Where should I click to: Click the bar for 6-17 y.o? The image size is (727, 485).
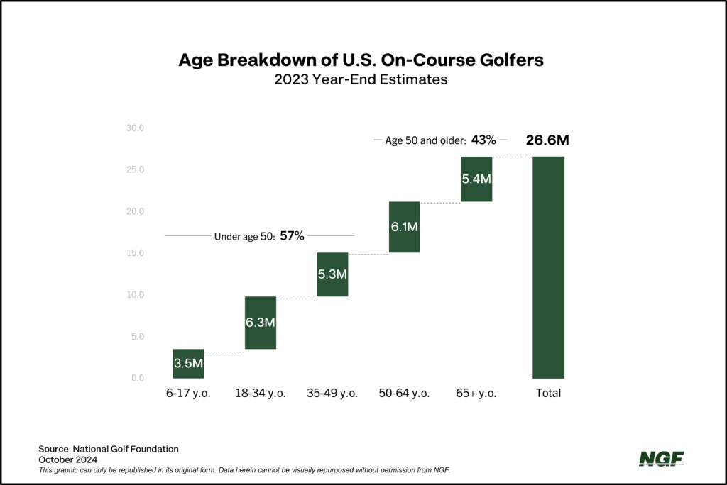point(189,364)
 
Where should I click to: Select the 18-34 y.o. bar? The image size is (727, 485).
point(261,323)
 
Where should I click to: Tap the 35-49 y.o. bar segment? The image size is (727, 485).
point(332,274)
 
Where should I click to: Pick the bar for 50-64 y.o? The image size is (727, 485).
point(404,227)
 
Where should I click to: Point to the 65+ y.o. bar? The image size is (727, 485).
point(476,179)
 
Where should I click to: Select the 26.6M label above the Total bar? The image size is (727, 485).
point(547,140)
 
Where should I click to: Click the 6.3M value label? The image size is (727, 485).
point(261,323)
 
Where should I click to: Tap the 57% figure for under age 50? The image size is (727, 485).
point(292,236)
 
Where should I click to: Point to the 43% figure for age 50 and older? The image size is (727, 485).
point(483,140)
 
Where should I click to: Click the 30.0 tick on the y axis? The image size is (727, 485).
point(135,128)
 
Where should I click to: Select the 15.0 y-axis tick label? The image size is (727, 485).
point(135,253)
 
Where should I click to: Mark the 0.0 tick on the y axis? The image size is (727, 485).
point(137,378)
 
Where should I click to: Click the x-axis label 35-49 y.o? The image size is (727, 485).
point(332,394)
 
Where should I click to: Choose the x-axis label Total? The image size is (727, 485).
point(548,394)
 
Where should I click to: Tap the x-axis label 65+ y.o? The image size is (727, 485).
point(476,394)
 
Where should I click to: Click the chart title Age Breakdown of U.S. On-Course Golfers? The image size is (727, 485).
point(361,60)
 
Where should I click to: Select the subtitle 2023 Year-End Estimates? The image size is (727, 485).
point(361,79)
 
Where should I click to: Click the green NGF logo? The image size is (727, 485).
point(661,459)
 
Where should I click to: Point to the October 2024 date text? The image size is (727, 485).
point(69,459)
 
